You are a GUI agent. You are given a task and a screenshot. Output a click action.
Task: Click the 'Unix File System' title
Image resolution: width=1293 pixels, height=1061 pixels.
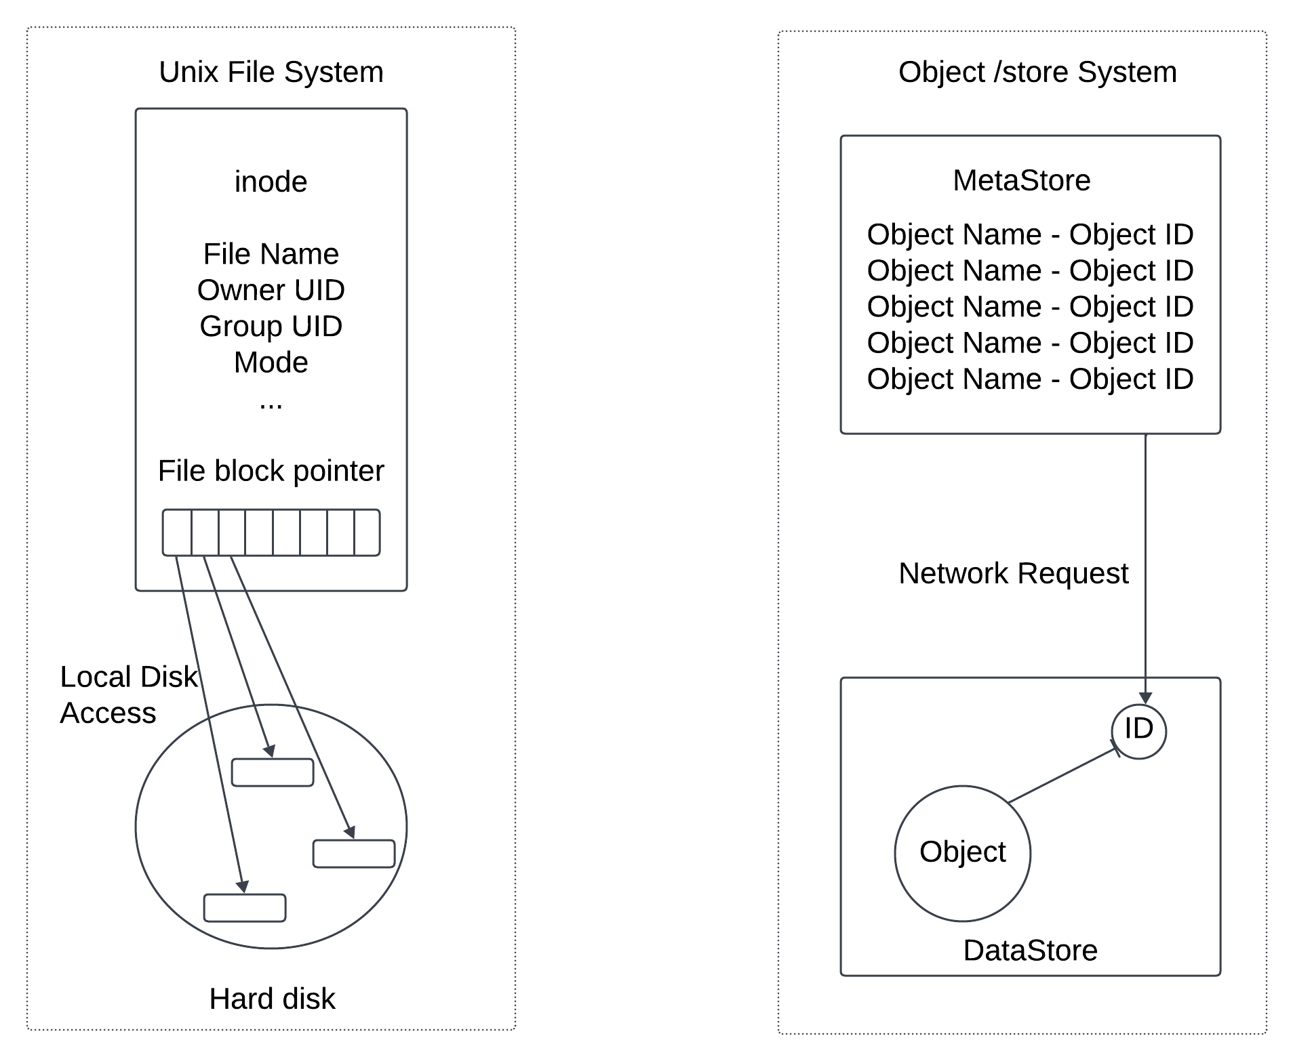click(x=271, y=72)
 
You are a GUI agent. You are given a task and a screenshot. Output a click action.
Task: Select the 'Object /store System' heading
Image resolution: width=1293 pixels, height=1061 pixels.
click(x=1037, y=72)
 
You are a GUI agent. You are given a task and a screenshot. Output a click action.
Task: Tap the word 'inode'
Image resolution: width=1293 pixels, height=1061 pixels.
click(x=271, y=182)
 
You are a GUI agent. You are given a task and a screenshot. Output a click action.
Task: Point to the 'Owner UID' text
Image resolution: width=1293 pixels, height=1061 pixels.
click(x=271, y=290)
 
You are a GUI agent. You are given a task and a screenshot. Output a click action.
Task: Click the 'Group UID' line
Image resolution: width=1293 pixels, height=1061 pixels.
click(x=271, y=326)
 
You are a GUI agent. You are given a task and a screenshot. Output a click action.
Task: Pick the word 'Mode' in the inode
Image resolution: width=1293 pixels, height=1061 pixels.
click(x=271, y=362)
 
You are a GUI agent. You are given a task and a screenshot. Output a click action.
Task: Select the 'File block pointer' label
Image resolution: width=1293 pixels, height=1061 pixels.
click(x=271, y=471)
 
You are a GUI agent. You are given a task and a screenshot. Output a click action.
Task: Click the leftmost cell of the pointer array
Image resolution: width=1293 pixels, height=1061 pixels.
click(x=177, y=533)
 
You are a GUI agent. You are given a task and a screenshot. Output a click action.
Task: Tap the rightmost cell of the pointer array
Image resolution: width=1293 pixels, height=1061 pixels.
click(x=367, y=533)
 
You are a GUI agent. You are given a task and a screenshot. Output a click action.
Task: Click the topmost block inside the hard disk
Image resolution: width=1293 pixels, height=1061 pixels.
click(x=273, y=772)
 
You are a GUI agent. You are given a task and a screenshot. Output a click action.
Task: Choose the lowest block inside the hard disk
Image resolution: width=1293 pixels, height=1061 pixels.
click(x=245, y=908)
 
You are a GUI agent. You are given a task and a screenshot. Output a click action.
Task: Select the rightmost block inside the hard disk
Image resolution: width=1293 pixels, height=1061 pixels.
click(x=354, y=854)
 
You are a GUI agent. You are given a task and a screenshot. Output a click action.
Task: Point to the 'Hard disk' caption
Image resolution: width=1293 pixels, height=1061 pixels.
click(x=272, y=999)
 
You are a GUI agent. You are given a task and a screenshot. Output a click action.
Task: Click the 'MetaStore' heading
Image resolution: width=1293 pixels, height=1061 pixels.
click(x=1021, y=180)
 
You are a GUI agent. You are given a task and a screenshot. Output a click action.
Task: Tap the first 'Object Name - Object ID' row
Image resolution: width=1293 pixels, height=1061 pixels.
click(x=1029, y=234)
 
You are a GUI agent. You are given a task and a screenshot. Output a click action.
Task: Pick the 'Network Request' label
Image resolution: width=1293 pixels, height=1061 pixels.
click(x=1013, y=573)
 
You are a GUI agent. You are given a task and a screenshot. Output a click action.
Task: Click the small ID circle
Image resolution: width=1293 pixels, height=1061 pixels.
click(x=1138, y=731)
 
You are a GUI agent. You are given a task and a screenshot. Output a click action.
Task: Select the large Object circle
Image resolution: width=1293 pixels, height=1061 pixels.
click(x=962, y=853)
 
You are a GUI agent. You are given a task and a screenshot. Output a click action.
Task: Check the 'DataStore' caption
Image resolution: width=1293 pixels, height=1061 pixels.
click(x=1030, y=951)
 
